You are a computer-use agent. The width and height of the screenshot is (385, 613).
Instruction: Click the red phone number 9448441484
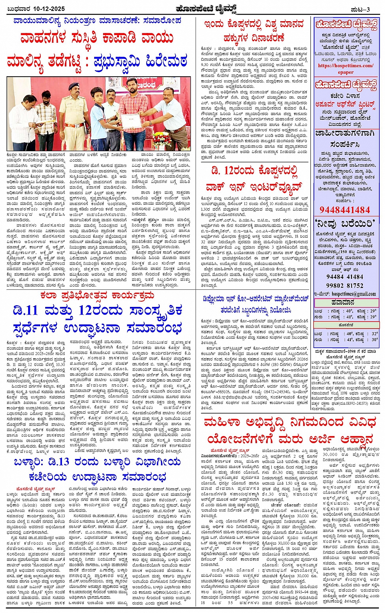344,210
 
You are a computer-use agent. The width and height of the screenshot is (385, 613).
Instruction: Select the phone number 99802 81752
345,285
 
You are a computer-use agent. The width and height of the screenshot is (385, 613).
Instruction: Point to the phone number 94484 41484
345,277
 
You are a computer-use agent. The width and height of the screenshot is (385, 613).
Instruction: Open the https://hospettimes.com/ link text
345,66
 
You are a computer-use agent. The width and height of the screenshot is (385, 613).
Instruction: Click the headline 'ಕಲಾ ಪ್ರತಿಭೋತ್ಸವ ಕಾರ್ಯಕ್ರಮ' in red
97,295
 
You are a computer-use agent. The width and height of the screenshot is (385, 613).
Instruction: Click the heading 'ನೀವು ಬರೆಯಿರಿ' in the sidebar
345,223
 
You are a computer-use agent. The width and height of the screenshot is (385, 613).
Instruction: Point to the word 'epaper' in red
345,72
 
